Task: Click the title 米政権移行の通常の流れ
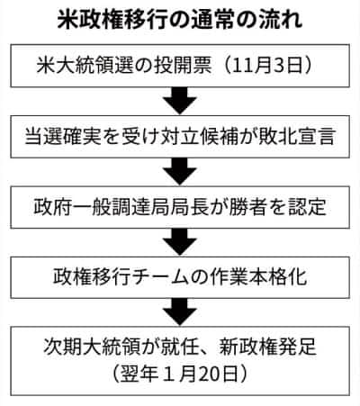pos(180,21)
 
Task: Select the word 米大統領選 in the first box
pos(84,66)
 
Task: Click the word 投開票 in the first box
pos(183,66)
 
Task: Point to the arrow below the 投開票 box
pos(180,101)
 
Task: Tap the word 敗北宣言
pos(297,137)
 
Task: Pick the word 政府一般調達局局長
pos(121,207)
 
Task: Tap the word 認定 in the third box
pos(307,207)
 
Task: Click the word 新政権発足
pos(267,347)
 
